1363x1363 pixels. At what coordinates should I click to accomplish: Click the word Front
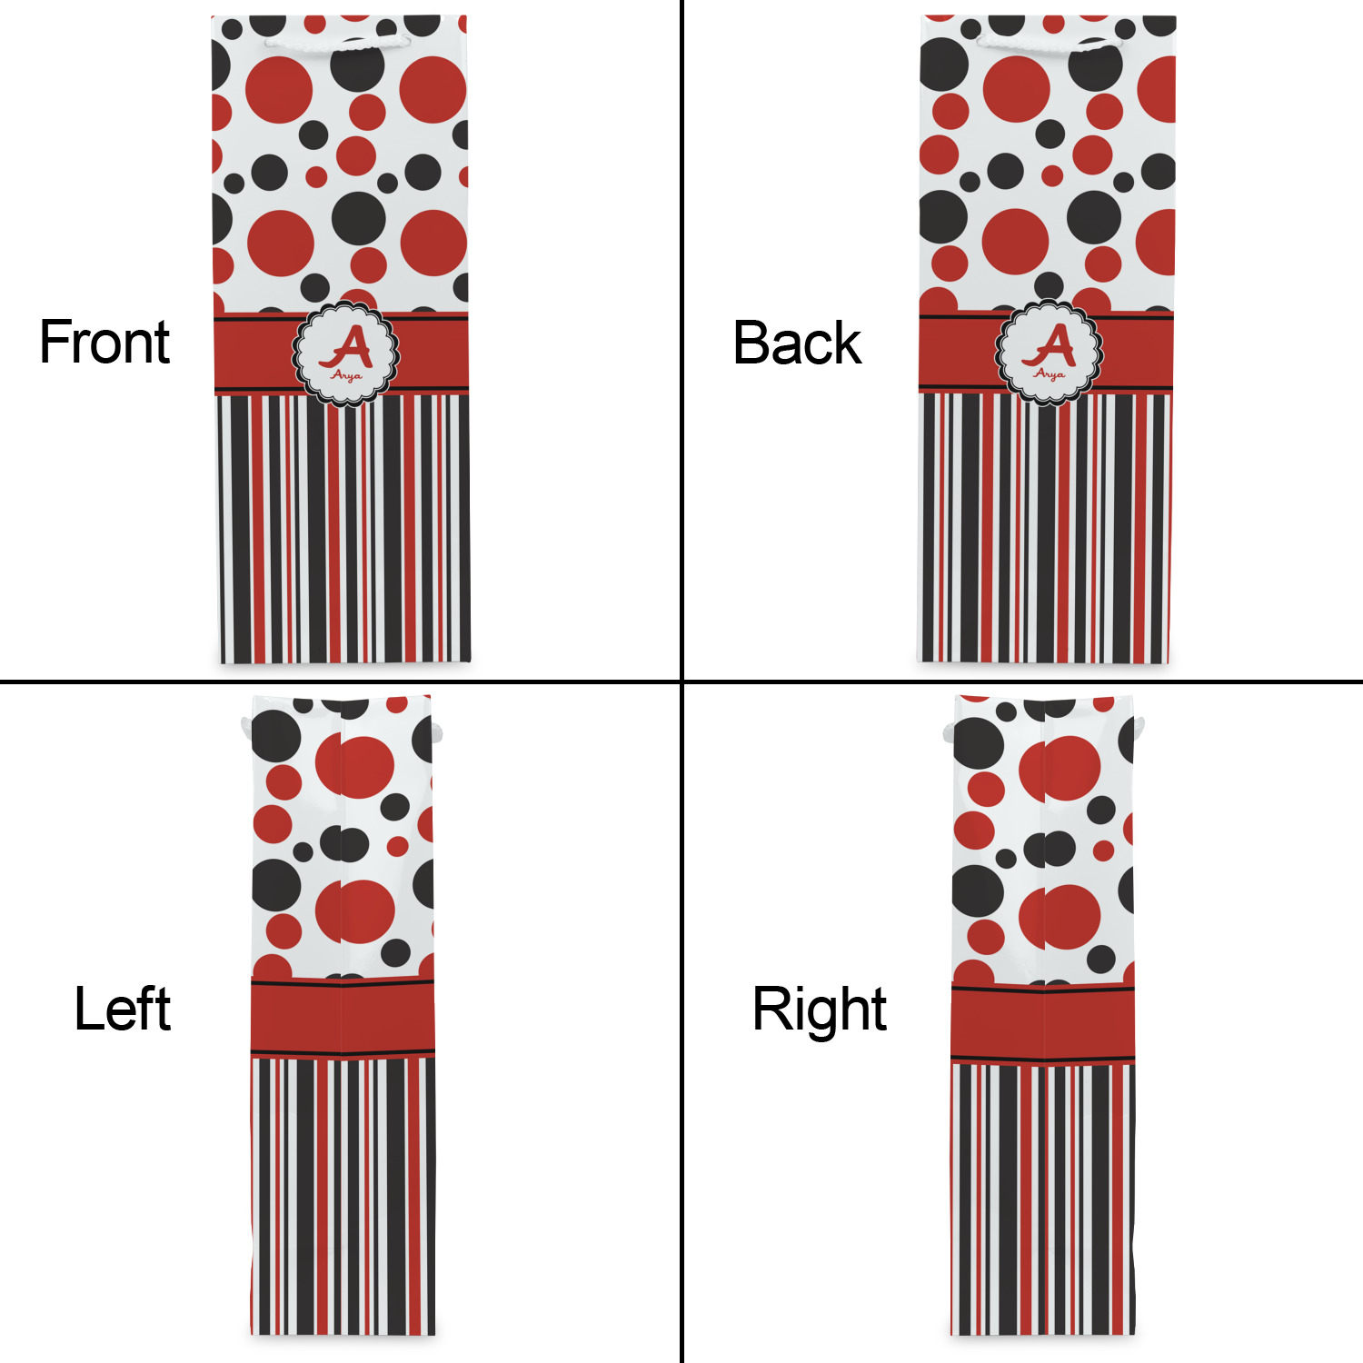[x=104, y=343]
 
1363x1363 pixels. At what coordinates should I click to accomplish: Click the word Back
[x=797, y=343]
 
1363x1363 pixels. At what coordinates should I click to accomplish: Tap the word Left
[x=122, y=1009]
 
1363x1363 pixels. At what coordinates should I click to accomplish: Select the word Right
[x=820, y=1010]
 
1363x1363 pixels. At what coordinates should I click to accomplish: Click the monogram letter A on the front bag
[x=346, y=346]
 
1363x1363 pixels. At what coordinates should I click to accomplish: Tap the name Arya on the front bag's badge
[x=346, y=374]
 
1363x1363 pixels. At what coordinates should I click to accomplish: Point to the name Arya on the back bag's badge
[x=1050, y=373]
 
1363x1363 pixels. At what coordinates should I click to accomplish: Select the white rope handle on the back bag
[x=1049, y=43]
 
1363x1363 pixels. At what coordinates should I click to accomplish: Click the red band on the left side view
[x=343, y=1017]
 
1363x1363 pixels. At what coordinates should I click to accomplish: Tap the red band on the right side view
[x=1043, y=1024]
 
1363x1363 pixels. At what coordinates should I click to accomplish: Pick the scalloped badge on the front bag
[x=346, y=353]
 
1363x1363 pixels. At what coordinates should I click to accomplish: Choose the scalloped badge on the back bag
[x=1050, y=352]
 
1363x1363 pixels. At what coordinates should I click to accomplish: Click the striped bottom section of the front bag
[x=343, y=528]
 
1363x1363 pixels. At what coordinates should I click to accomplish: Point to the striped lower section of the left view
[x=343, y=1196]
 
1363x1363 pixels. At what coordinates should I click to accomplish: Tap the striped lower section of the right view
[x=1043, y=1199]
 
